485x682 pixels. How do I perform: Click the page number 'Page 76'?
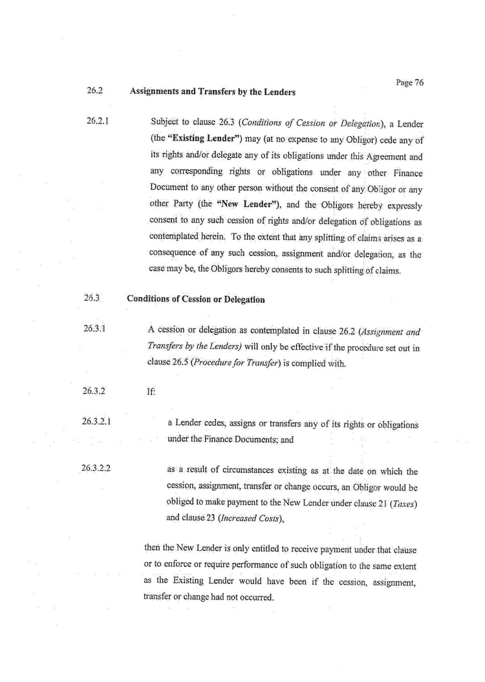(x=410, y=83)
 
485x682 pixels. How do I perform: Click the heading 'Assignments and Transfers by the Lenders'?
(x=213, y=92)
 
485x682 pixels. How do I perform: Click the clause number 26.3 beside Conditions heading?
(x=91, y=299)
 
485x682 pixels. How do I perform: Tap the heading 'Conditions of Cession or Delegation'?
(x=196, y=300)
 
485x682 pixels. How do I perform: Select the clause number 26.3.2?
(x=94, y=391)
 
